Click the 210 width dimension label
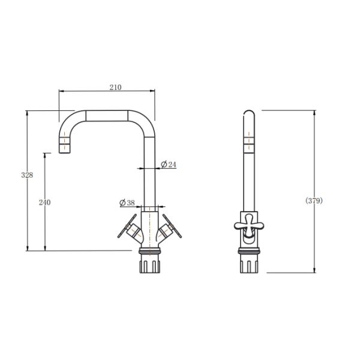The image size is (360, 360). tap(115, 87)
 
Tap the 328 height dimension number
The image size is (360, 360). tap(27, 175)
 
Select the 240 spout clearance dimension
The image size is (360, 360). tap(44, 202)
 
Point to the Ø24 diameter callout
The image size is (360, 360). tap(169, 164)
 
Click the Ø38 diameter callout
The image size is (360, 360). tap(127, 203)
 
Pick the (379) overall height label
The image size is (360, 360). tap(314, 200)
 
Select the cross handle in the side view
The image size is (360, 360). tap(249, 225)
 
